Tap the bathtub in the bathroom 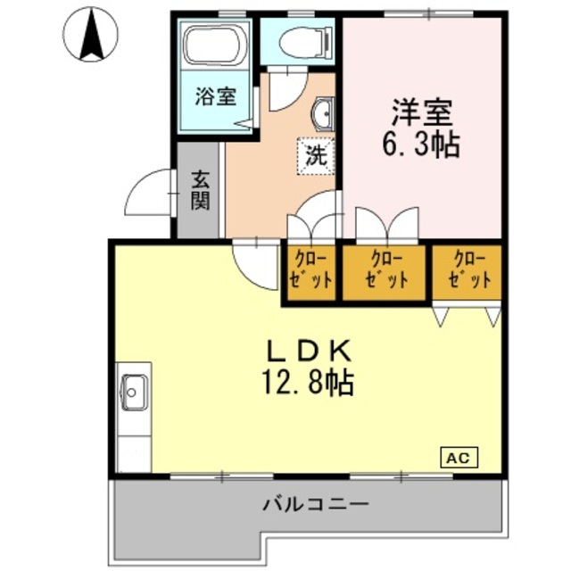[x=216, y=46]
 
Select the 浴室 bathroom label [x=216, y=95]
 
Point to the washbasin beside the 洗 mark [x=322, y=114]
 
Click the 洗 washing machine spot [x=315, y=154]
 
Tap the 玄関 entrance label [x=199, y=190]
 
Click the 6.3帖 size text [x=422, y=145]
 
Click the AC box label [x=458, y=458]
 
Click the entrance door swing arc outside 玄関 [x=147, y=193]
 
